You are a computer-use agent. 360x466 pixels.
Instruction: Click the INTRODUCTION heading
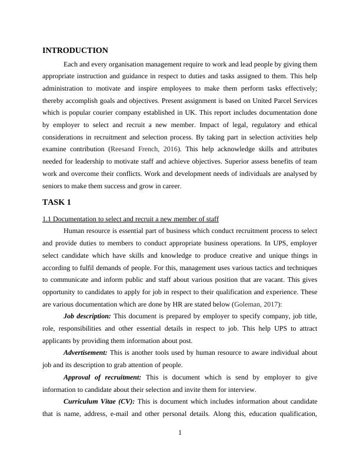(x=75, y=51)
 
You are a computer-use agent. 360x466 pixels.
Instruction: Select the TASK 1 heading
(x=56, y=202)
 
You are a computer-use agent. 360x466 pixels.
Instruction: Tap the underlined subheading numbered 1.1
(x=131, y=219)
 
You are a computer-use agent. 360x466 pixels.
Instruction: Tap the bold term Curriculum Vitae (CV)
(x=99, y=401)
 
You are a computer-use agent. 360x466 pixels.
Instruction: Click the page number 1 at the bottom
(x=180, y=434)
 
